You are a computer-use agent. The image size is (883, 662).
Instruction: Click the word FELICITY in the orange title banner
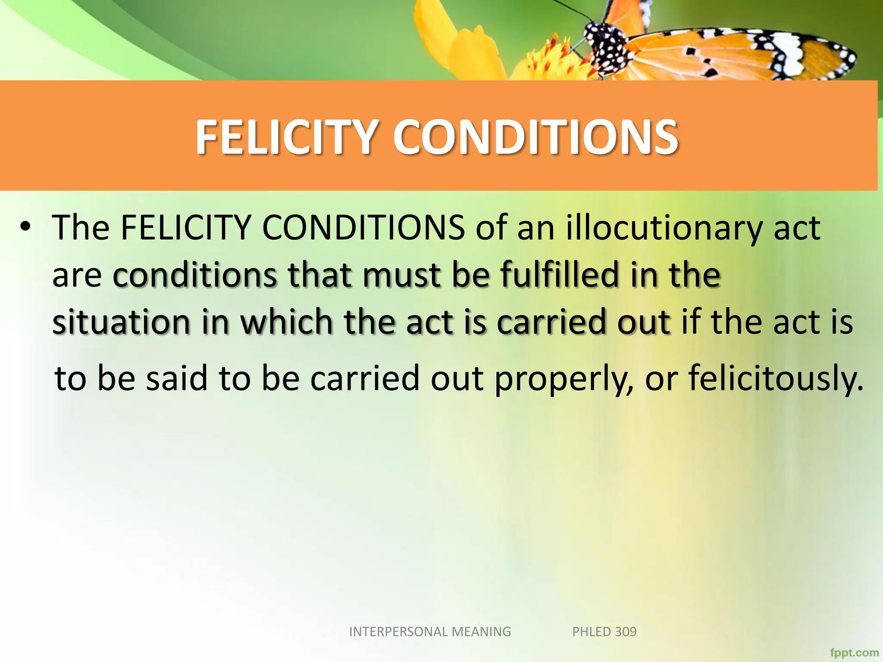tap(287, 137)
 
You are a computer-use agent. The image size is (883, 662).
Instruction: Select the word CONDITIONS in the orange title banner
tap(535, 137)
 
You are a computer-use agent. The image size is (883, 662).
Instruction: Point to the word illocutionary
tap(664, 228)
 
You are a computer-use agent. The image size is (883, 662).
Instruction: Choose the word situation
tap(121, 322)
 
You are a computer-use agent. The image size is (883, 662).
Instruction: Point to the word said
tap(177, 378)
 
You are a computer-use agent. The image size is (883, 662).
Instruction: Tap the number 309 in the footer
tap(626, 631)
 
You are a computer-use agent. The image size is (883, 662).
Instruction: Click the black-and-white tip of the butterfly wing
tap(836, 60)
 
